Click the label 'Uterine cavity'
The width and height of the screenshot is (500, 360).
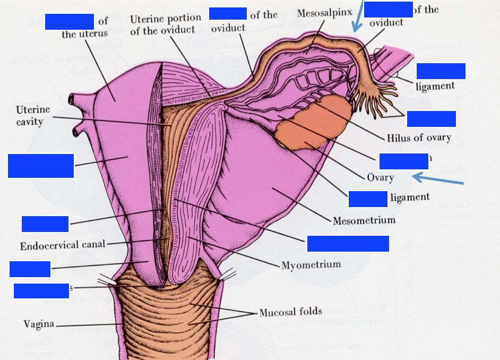pos(33,116)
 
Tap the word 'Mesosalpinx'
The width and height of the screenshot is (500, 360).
pos(325,12)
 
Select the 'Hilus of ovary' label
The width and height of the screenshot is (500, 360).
pos(419,138)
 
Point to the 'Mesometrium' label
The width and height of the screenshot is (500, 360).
pos(364,220)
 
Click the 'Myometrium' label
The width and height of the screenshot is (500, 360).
pos(311,264)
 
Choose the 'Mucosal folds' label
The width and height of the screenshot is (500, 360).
pos(290,311)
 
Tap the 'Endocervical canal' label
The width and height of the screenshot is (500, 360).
pos(63,245)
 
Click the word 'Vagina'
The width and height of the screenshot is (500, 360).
pos(39,324)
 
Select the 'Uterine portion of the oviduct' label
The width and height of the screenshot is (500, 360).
pos(166,25)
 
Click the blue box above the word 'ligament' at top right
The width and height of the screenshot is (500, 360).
pos(441,71)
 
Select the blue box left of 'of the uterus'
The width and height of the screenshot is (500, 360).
pos(70,21)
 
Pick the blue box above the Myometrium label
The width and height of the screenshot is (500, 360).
pos(348,243)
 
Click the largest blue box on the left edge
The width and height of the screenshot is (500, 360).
pos(41,166)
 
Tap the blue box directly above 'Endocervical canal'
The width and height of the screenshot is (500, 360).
pos(45,224)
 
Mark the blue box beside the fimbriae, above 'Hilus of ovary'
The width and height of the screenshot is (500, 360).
pos(431,119)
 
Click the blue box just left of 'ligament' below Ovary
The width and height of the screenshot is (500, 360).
pos(368,198)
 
